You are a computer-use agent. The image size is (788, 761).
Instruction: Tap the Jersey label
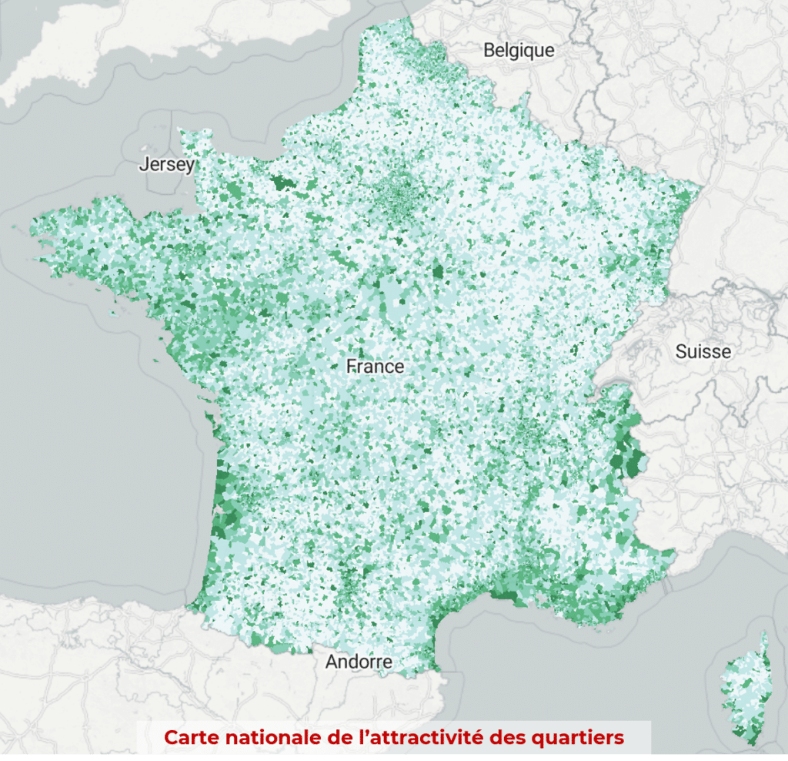coord(166,165)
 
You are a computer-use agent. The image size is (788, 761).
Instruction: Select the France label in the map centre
coord(375,366)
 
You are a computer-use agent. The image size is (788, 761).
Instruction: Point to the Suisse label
coord(703,352)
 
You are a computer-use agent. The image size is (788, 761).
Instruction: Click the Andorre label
coord(359,661)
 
